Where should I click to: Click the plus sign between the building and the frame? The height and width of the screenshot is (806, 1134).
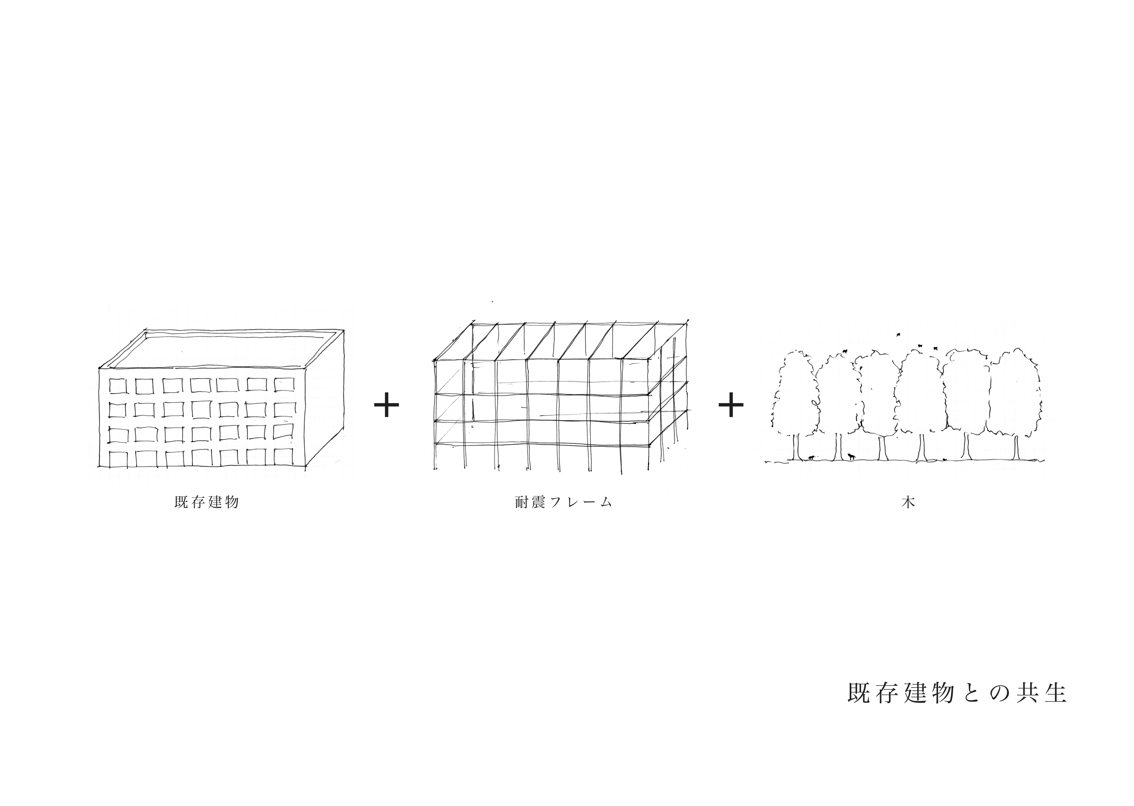(x=386, y=405)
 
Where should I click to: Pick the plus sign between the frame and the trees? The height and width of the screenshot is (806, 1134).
(x=731, y=405)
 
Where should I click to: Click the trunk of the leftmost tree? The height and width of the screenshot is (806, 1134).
(x=796, y=447)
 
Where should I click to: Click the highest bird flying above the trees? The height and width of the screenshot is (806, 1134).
(x=898, y=335)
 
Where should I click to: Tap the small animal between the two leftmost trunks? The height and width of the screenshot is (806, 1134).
(x=811, y=457)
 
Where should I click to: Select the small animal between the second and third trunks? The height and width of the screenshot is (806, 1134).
(x=851, y=456)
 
